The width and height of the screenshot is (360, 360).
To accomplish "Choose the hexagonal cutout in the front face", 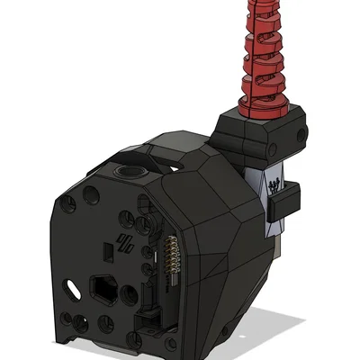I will click(x=102, y=289).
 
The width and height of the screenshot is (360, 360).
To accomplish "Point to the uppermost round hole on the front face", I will click(x=91, y=193).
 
